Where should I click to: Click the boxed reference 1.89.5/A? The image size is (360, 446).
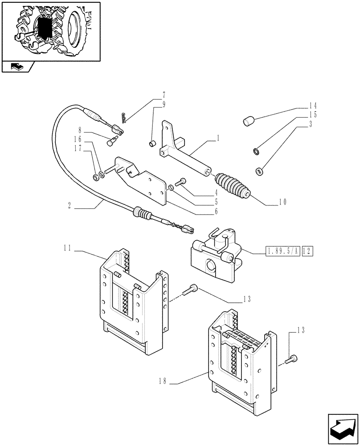point(283,252)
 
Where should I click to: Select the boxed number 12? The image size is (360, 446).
point(308,252)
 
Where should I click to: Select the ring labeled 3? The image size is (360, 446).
point(259,170)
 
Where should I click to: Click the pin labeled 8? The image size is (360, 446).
point(112,142)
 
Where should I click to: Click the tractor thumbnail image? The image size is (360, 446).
point(50,31)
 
